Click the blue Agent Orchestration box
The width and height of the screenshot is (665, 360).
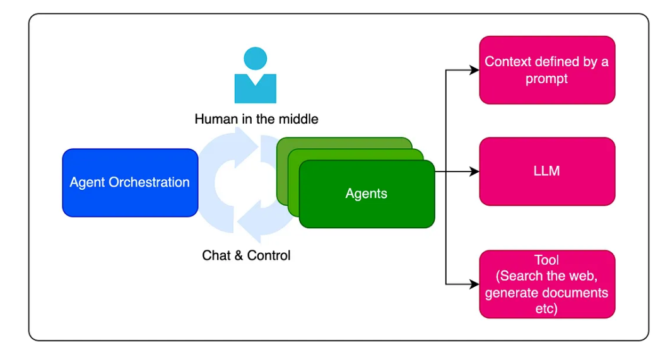pyautogui.click(x=130, y=183)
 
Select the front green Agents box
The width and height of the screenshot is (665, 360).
pyautogui.click(x=367, y=194)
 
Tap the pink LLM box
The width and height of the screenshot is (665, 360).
pyautogui.click(x=546, y=171)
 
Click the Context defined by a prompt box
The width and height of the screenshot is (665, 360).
pyautogui.click(x=546, y=70)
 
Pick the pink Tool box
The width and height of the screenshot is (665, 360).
pyautogui.click(x=546, y=284)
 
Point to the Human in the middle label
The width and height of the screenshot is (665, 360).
pyautogui.click(x=256, y=119)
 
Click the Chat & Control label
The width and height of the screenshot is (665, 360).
pyautogui.click(x=246, y=255)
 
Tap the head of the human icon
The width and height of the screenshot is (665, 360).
pyautogui.click(x=256, y=58)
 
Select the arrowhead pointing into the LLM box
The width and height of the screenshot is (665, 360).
pyautogui.click(x=474, y=171)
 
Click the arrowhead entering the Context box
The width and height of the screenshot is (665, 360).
pyautogui.click(x=474, y=70)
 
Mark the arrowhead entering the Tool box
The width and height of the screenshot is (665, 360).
pyautogui.click(x=474, y=284)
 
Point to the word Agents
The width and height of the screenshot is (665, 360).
pyautogui.click(x=367, y=194)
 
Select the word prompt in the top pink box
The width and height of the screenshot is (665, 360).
pyautogui.click(x=546, y=79)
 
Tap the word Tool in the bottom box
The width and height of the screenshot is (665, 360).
pyautogui.click(x=546, y=260)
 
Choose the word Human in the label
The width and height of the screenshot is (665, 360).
pyautogui.click(x=213, y=119)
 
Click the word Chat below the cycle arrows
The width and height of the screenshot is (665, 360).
pyautogui.click(x=216, y=255)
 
